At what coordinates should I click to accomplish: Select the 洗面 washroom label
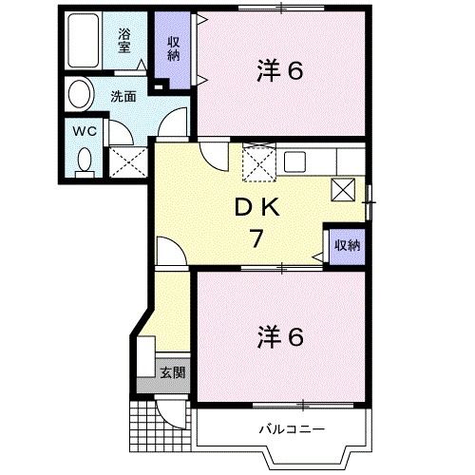123,95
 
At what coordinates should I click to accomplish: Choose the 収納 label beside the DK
347,245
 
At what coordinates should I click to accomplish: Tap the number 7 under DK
256,238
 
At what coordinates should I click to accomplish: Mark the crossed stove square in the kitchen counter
343,188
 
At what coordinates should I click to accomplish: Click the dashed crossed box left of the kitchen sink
257,163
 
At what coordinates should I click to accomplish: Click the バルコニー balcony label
292,430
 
